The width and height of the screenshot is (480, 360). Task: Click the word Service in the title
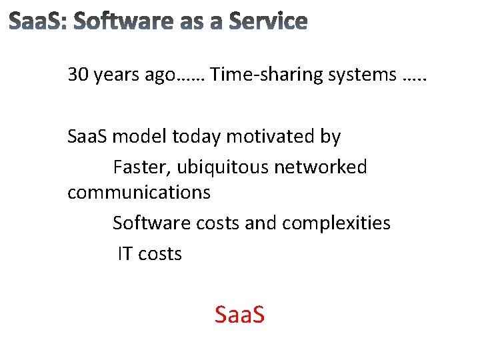268,22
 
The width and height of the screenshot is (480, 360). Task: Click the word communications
139,193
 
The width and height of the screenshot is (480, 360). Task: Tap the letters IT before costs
125,253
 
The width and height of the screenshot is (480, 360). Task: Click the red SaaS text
239,314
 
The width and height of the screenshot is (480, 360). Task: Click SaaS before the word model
88,137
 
